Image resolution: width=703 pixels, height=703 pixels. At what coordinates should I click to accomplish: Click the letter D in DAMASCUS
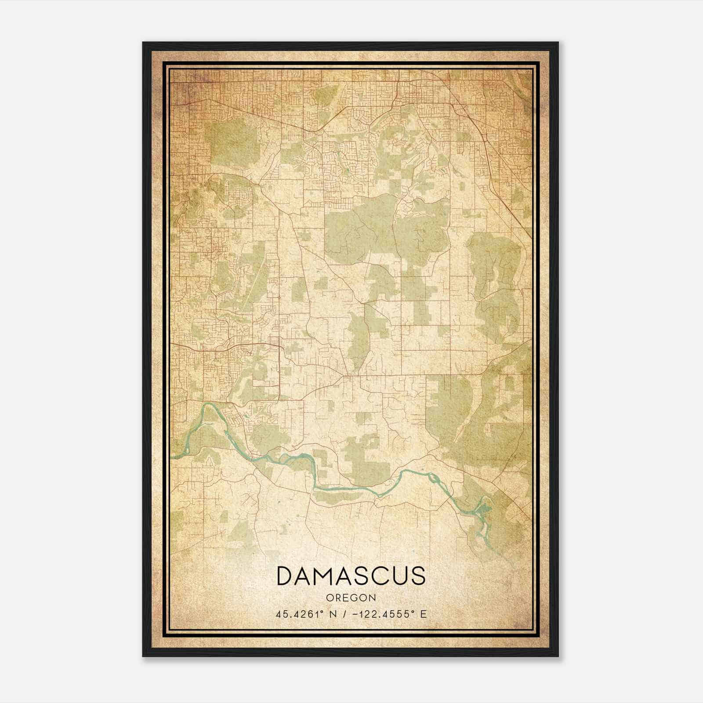coord(286,576)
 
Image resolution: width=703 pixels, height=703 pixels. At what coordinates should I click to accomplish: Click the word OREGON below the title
coord(351,598)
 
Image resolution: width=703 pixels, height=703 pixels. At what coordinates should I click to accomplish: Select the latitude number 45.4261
coord(294,614)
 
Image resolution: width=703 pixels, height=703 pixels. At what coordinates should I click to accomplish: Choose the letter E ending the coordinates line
coord(424,614)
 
